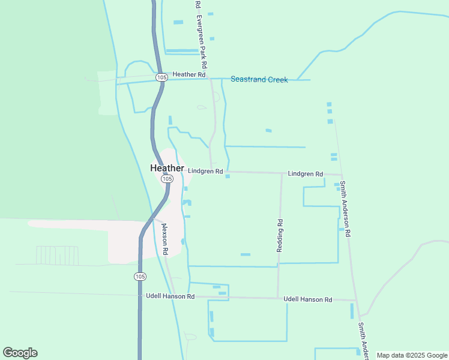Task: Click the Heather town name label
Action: [167, 169]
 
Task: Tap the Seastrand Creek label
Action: [259, 79]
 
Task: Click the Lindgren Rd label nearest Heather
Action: [205, 171]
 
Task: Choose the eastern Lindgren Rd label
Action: [306, 174]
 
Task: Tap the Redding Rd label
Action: [280, 235]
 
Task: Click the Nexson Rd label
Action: [164, 238]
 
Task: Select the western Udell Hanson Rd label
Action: [170, 296]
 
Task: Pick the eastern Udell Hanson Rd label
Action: [308, 299]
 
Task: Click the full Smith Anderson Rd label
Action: [345, 209]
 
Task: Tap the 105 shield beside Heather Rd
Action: [161, 77]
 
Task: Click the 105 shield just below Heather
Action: [167, 179]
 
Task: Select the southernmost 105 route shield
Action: [140, 276]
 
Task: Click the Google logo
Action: [20, 353]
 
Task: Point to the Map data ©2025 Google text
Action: [412, 355]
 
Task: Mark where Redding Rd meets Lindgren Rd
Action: [282, 173]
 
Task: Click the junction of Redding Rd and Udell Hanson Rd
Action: [278, 298]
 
